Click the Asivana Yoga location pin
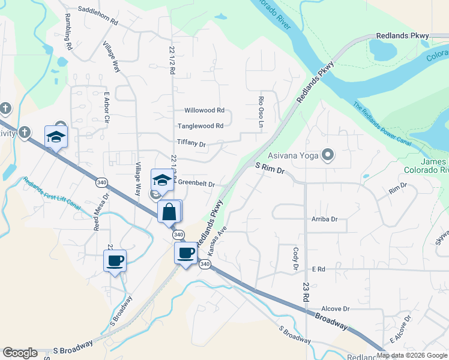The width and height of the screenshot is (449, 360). click(328, 155)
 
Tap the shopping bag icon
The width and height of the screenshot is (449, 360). click(169, 212)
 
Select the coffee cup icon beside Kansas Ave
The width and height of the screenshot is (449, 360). click(186, 253)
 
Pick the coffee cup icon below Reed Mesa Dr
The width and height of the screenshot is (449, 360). click(115, 261)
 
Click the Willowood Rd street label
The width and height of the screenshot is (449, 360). click(204, 110)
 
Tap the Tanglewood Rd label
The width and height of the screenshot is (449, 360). click(200, 126)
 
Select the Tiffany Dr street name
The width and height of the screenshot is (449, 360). click(191, 143)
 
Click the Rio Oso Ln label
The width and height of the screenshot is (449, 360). click(261, 112)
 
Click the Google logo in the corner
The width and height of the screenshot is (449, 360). click(20, 353)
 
